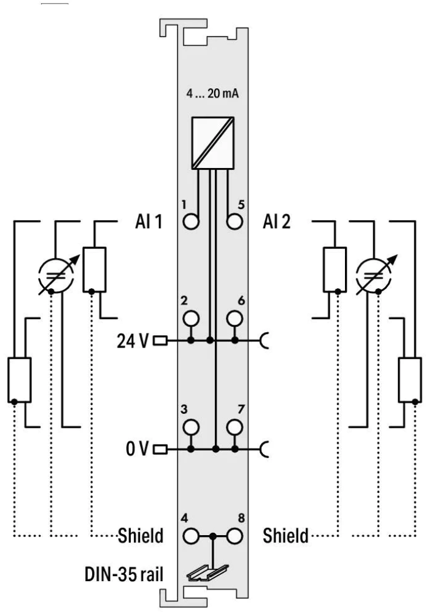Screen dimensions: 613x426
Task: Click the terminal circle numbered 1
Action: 191,221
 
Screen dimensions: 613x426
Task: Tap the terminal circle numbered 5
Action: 234,221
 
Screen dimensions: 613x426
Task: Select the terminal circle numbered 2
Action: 191,318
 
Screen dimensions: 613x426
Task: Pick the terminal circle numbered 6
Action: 234,318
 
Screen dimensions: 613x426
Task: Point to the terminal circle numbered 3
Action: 191,427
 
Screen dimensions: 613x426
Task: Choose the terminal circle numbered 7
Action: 234,427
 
